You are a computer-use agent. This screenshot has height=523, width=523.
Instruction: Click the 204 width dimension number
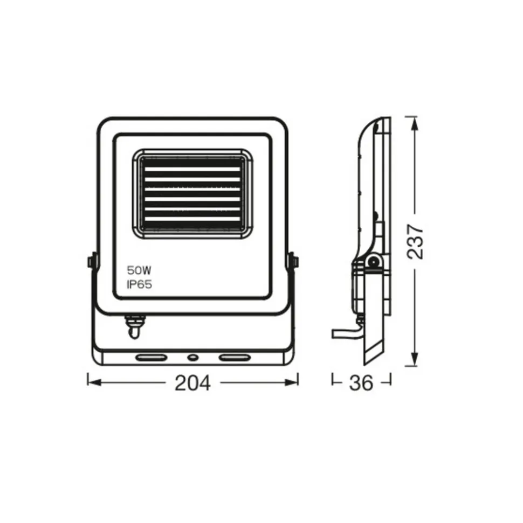click(x=192, y=383)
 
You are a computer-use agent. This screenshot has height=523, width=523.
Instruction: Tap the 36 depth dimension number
click(x=361, y=383)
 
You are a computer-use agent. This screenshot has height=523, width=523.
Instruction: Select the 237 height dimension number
click(x=415, y=242)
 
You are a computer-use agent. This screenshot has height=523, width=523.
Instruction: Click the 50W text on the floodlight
click(x=139, y=270)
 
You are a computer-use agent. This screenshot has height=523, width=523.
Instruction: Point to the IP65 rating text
click(x=139, y=284)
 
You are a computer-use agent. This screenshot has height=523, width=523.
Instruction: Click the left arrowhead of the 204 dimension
click(x=94, y=382)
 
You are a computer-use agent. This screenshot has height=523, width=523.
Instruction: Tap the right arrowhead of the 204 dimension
click(x=292, y=382)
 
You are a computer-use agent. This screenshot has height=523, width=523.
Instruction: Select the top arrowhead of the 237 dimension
click(x=415, y=123)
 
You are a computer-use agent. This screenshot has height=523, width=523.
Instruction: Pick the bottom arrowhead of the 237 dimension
click(x=415, y=359)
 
